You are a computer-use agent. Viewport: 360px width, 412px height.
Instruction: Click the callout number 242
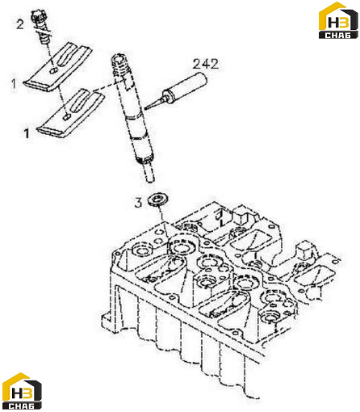tap(206, 64)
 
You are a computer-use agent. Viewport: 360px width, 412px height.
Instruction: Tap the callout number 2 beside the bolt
tap(20, 24)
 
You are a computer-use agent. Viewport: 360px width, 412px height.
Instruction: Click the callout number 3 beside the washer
tap(138, 203)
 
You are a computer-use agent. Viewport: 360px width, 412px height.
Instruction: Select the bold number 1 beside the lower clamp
tap(27, 133)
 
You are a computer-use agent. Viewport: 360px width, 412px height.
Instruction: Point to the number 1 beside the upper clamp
tap(14, 84)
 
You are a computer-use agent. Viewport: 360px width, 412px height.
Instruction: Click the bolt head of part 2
tap(38, 16)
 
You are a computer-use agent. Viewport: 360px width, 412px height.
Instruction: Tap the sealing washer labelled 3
tap(159, 200)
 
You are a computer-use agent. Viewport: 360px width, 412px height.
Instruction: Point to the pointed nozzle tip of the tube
tap(146, 108)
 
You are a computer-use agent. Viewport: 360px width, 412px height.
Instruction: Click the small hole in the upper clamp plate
tap(54, 70)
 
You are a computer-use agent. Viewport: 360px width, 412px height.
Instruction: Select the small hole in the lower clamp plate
tap(67, 117)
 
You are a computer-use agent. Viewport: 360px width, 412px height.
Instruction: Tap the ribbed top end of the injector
tap(120, 65)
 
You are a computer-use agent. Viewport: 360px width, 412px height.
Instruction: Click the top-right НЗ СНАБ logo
tap(338, 20)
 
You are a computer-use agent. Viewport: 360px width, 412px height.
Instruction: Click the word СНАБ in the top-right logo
tap(338, 35)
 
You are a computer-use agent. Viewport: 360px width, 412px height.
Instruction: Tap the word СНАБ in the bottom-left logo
tap(22, 406)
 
